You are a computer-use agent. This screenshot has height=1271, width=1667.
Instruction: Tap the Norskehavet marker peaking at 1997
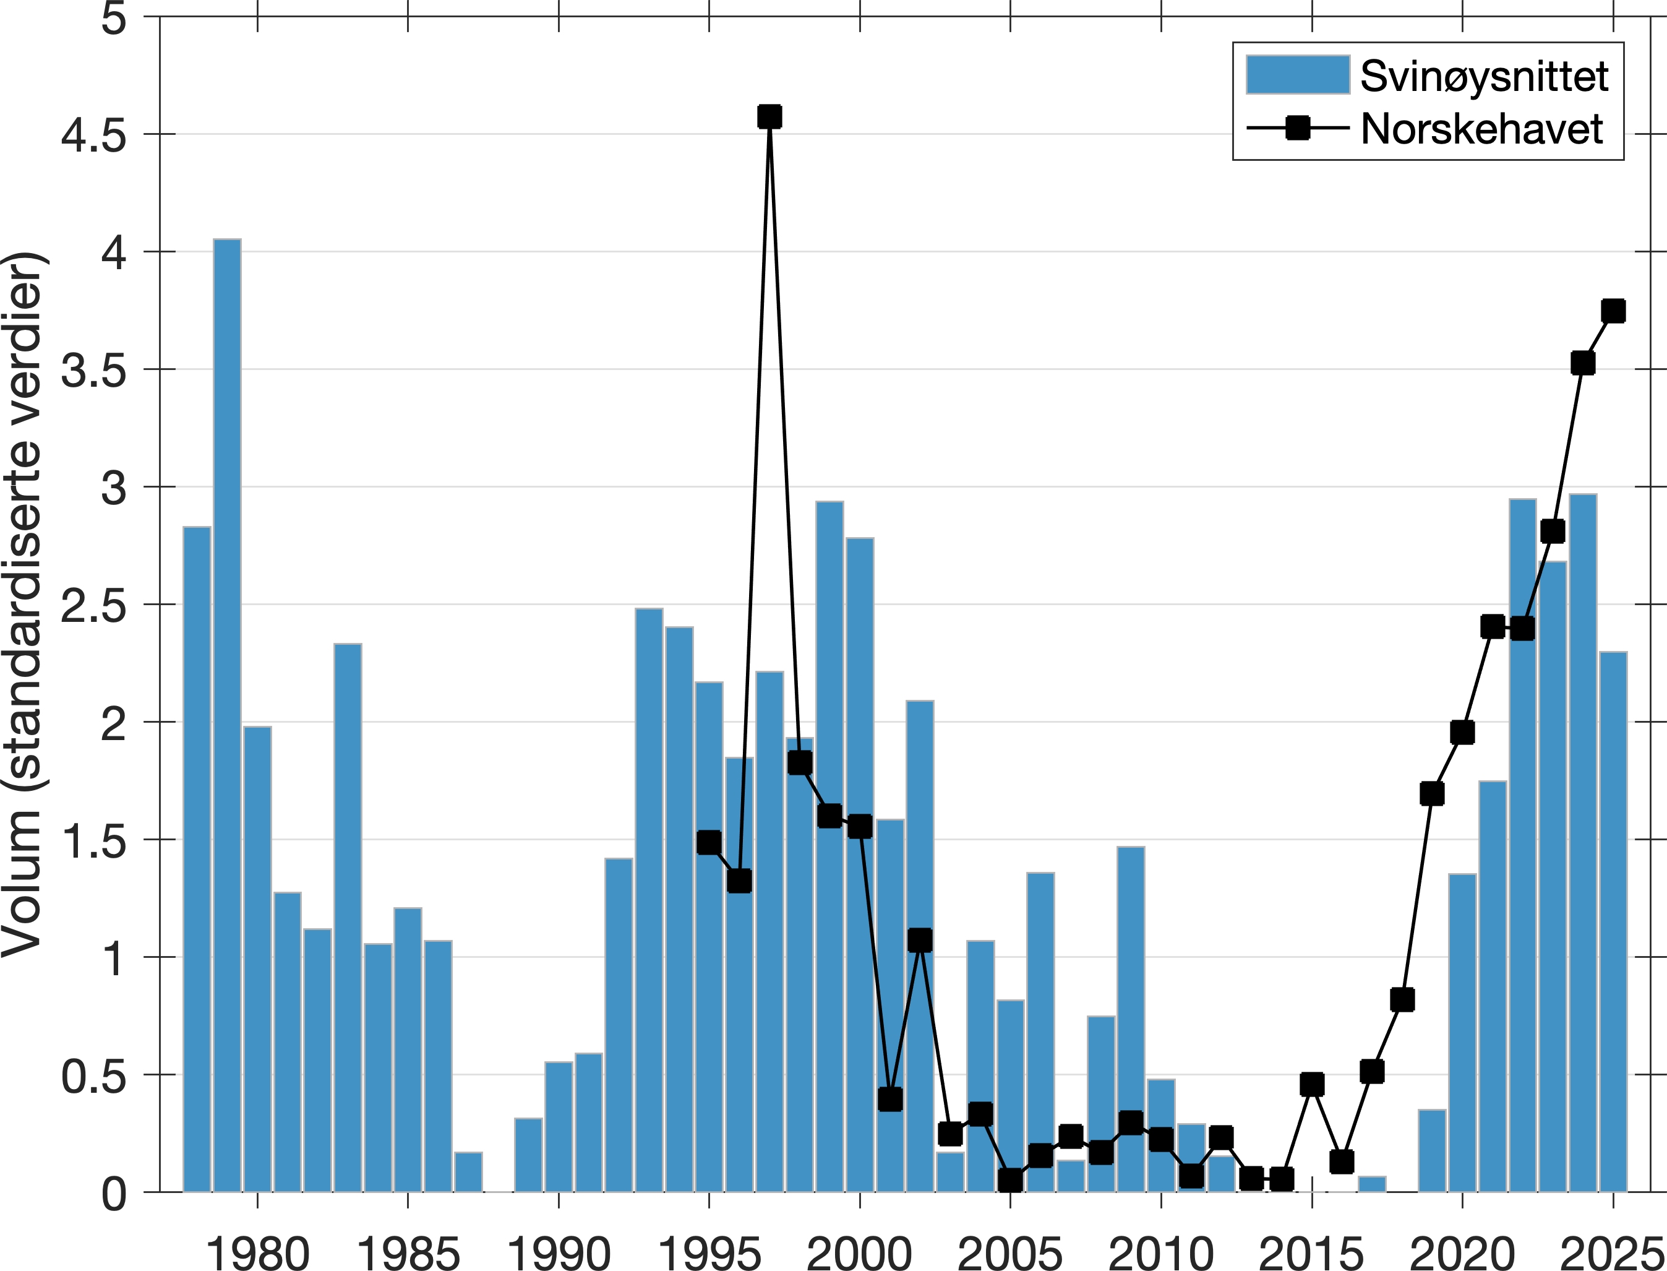click(x=769, y=116)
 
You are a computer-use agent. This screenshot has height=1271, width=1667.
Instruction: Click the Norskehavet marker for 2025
click(x=1613, y=311)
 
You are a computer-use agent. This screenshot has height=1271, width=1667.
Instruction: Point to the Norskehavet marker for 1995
click(x=709, y=842)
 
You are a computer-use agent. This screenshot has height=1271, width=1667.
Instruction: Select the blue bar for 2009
click(x=1130, y=983)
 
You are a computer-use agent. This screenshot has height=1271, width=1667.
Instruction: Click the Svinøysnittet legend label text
click(x=1484, y=75)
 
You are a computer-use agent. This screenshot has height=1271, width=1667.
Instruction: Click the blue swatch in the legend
click(x=1297, y=75)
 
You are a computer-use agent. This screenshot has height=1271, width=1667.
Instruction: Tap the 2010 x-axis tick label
click(x=1160, y=1252)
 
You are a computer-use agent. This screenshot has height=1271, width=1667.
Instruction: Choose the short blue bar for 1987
click(x=468, y=1172)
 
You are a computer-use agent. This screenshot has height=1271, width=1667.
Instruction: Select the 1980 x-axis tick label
click(x=257, y=1252)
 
